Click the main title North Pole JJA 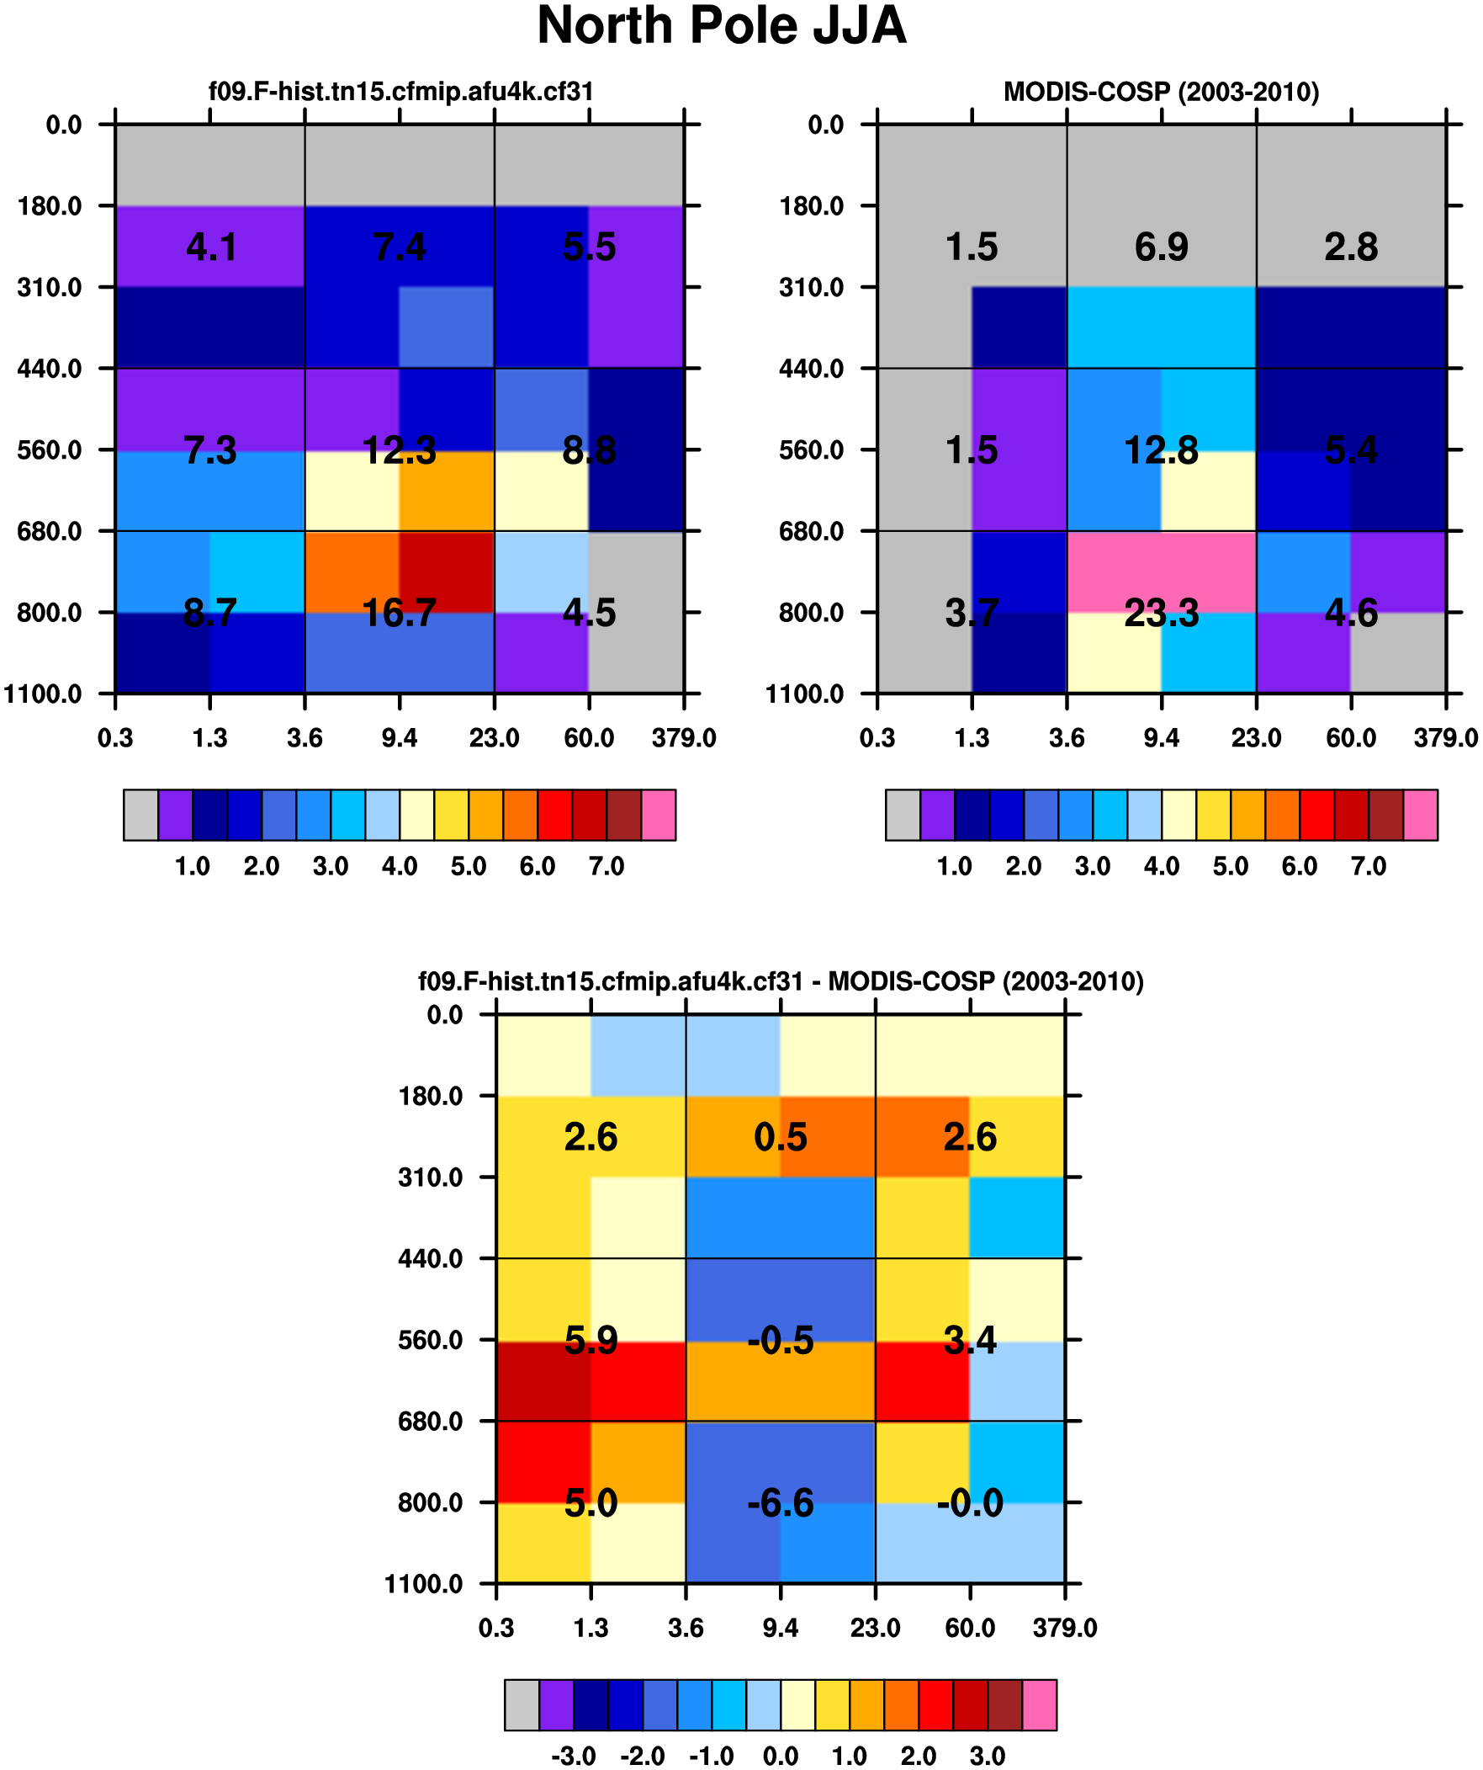tap(721, 25)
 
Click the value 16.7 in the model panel tap(399, 613)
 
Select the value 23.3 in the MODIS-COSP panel tap(1161, 613)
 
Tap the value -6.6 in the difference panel tap(781, 1503)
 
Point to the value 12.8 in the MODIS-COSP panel tap(1161, 451)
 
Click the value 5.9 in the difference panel tap(591, 1340)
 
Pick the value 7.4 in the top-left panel tap(400, 247)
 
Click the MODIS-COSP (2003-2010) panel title tap(1161, 91)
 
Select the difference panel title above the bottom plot tap(781, 981)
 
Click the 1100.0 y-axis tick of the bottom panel tap(424, 1584)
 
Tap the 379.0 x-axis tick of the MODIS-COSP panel tap(1446, 738)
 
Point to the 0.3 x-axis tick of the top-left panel tap(115, 738)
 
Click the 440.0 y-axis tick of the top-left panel tap(50, 369)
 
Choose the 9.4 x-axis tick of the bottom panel tap(781, 1629)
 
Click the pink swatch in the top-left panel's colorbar tap(658, 815)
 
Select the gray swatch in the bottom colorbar tap(522, 1705)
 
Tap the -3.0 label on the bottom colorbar tap(573, 1757)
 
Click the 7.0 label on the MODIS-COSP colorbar tap(1369, 866)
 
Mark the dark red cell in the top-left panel tap(447, 571)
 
